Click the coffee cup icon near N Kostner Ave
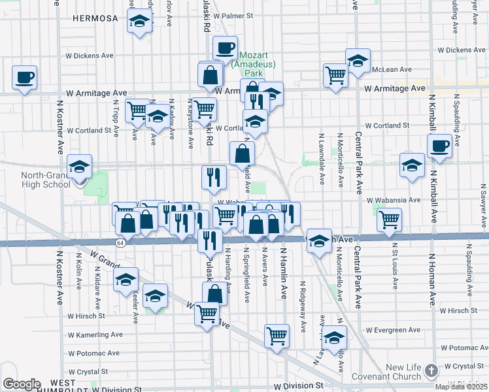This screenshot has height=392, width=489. pyautogui.click(x=24, y=78)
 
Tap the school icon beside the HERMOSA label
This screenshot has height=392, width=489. pyautogui.click(x=139, y=22)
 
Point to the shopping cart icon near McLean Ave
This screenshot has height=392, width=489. pyautogui.click(x=335, y=74)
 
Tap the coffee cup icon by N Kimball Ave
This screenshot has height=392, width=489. pyautogui.click(x=439, y=145)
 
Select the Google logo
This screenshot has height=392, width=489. pyautogui.click(x=22, y=384)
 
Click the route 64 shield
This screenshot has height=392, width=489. pyautogui.click(x=120, y=243)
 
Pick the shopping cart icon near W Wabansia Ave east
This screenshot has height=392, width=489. pyautogui.click(x=390, y=219)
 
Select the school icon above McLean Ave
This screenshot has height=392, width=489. pyautogui.click(x=358, y=61)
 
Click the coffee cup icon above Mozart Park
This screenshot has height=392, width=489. pyautogui.click(x=226, y=48)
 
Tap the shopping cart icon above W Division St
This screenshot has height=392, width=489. pyautogui.click(x=277, y=335)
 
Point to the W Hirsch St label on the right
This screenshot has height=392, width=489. pyautogui.click(x=460, y=312)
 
